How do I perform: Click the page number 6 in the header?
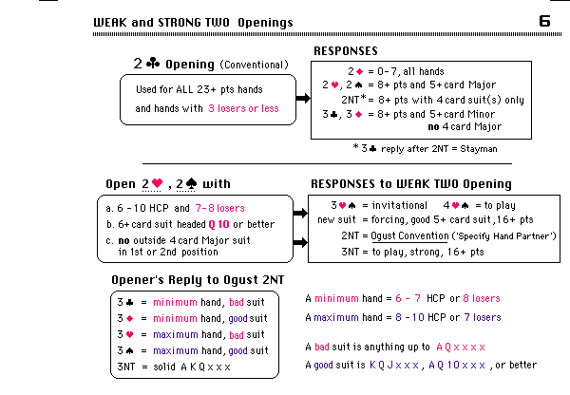click(544, 20)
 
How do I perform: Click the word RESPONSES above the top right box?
click(346, 51)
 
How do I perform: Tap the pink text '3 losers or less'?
click(243, 107)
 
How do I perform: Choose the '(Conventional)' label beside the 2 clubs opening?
click(254, 66)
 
